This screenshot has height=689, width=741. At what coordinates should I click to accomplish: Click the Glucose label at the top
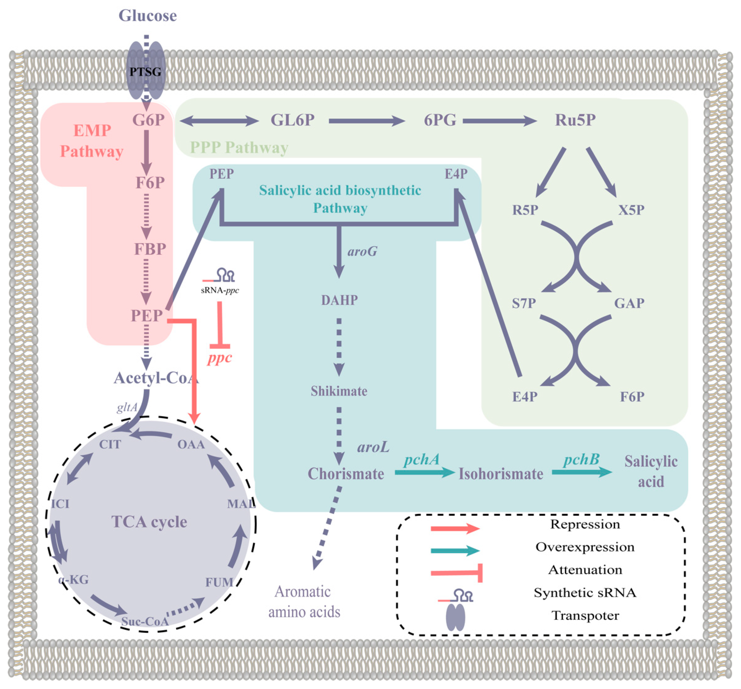pos(148,16)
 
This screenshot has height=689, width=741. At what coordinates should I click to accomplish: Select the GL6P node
pos(293,120)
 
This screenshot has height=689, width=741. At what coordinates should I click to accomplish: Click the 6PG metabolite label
pos(440,120)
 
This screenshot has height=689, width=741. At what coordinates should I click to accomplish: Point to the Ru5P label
pos(575,120)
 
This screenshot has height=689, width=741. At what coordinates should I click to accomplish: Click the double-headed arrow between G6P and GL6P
pos(219,121)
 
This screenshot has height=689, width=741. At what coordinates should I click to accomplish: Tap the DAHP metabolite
pos(339,300)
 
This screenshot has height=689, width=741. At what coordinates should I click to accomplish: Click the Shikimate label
pos(339,391)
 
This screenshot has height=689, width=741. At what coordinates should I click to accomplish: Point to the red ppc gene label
pos(220,358)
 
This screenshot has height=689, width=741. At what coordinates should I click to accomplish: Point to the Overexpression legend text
pos(585,547)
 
